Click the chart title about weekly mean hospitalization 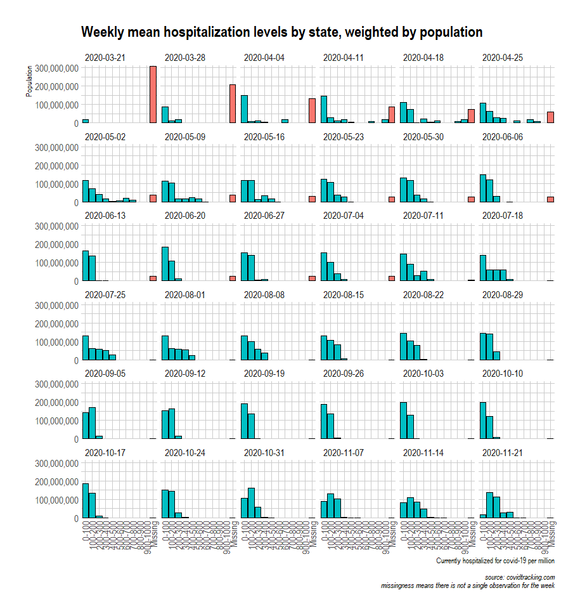282,32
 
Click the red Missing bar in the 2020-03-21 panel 153,95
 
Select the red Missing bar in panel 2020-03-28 233,103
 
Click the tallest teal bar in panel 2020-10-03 403,420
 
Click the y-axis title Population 29,81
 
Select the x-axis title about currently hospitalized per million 495,561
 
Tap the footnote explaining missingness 468,585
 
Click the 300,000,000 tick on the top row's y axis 57,68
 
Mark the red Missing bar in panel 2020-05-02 153,198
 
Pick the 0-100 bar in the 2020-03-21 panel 86,121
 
